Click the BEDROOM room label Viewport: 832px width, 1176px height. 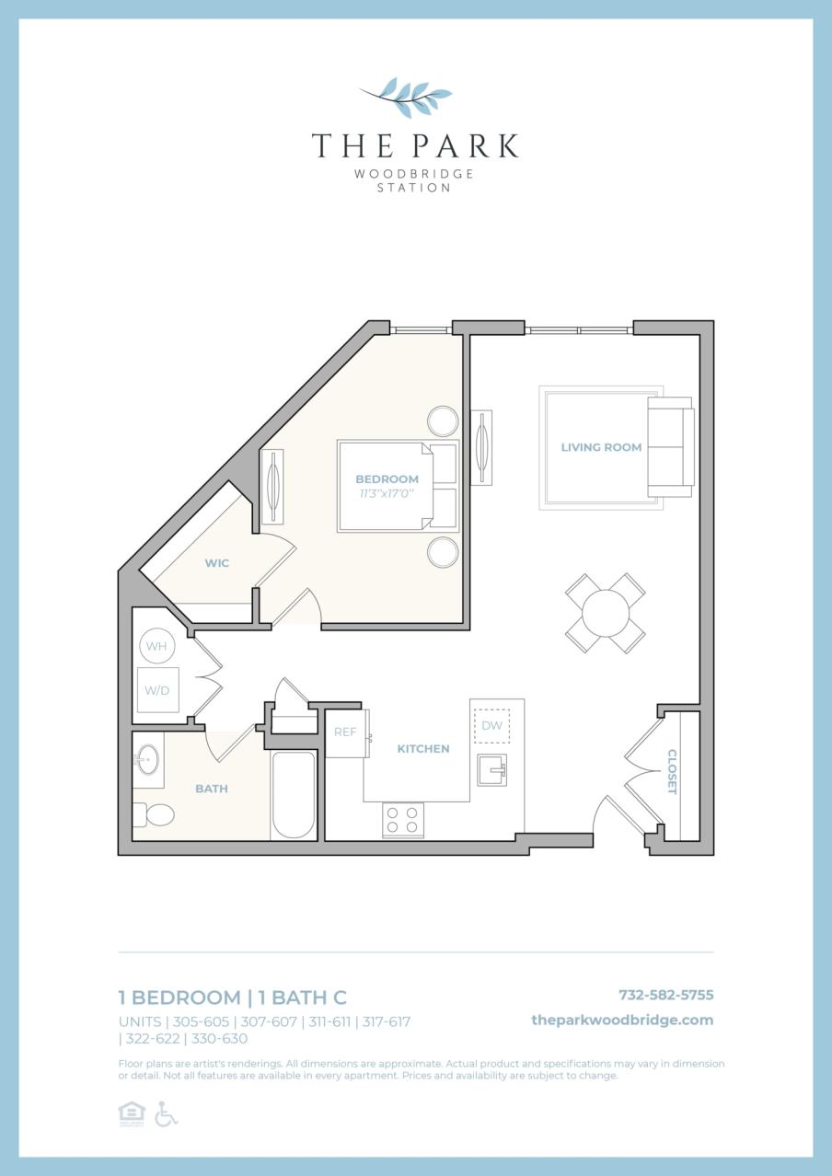pyautogui.click(x=387, y=478)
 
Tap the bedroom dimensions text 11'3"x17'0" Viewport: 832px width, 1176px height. pyautogui.click(x=387, y=493)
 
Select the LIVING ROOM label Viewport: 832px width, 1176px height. pyautogui.click(x=601, y=447)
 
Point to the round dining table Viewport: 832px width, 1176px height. pyautogui.click(x=606, y=613)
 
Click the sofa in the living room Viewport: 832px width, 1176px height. pyautogui.click(x=671, y=447)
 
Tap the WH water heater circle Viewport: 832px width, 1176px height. pyautogui.click(x=156, y=646)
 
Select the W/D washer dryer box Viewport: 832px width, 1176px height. pyautogui.click(x=158, y=690)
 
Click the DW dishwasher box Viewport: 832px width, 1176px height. pyautogui.click(x=491, y=725)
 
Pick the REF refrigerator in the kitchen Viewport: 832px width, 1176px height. pyautogui.click(x=346, y=732)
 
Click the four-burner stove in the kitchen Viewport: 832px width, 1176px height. pyautogui.click(x=403, y=820)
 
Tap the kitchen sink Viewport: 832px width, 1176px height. pyautogui.click(x=491, y=769)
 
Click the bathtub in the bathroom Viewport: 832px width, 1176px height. pyautogui.click(x=294, y=795)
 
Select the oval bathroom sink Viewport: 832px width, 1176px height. pyautogui.click(x=147, y=760)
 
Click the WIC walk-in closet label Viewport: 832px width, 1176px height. pyautogui.click(x=217, y=563)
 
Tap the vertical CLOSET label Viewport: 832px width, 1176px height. pyautogui.click(x=672, y=772)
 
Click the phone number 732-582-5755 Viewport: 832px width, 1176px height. pyautogui.click(x=665, y=995)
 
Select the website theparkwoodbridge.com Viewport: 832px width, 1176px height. pyautogui.click(x=622, y=1020)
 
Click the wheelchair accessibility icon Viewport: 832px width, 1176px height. pyautogui.click(x=166, y=1113)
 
